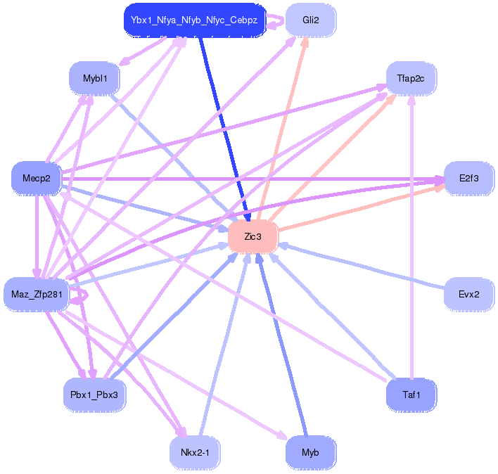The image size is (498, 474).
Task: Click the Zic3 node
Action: tap(253, 237)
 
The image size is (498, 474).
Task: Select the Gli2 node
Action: tap(310, 20)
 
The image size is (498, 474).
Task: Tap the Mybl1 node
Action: tap(95, 78)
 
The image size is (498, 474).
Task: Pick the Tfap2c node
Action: tap(411, 78)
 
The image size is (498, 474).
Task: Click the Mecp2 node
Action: tap(37, 179)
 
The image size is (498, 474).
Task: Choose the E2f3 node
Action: tap(468, 179)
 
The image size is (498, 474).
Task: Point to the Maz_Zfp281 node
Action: tap(36, 294)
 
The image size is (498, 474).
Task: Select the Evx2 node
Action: tap(468, 294)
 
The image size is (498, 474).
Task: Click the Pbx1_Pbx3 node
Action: tap(95, 395)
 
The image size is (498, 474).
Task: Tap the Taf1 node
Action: tap(411, 395)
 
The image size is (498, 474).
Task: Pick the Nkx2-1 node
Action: tap(195, 452)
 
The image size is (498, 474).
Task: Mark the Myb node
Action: tap(310, 452)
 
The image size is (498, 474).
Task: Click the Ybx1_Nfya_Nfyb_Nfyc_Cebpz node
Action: tap(195, 20)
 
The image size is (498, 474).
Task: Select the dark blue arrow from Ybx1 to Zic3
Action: tap(223, 127)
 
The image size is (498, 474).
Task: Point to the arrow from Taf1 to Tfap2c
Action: tap(411, 239)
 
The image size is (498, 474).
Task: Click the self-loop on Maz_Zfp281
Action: tap(82, 295)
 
